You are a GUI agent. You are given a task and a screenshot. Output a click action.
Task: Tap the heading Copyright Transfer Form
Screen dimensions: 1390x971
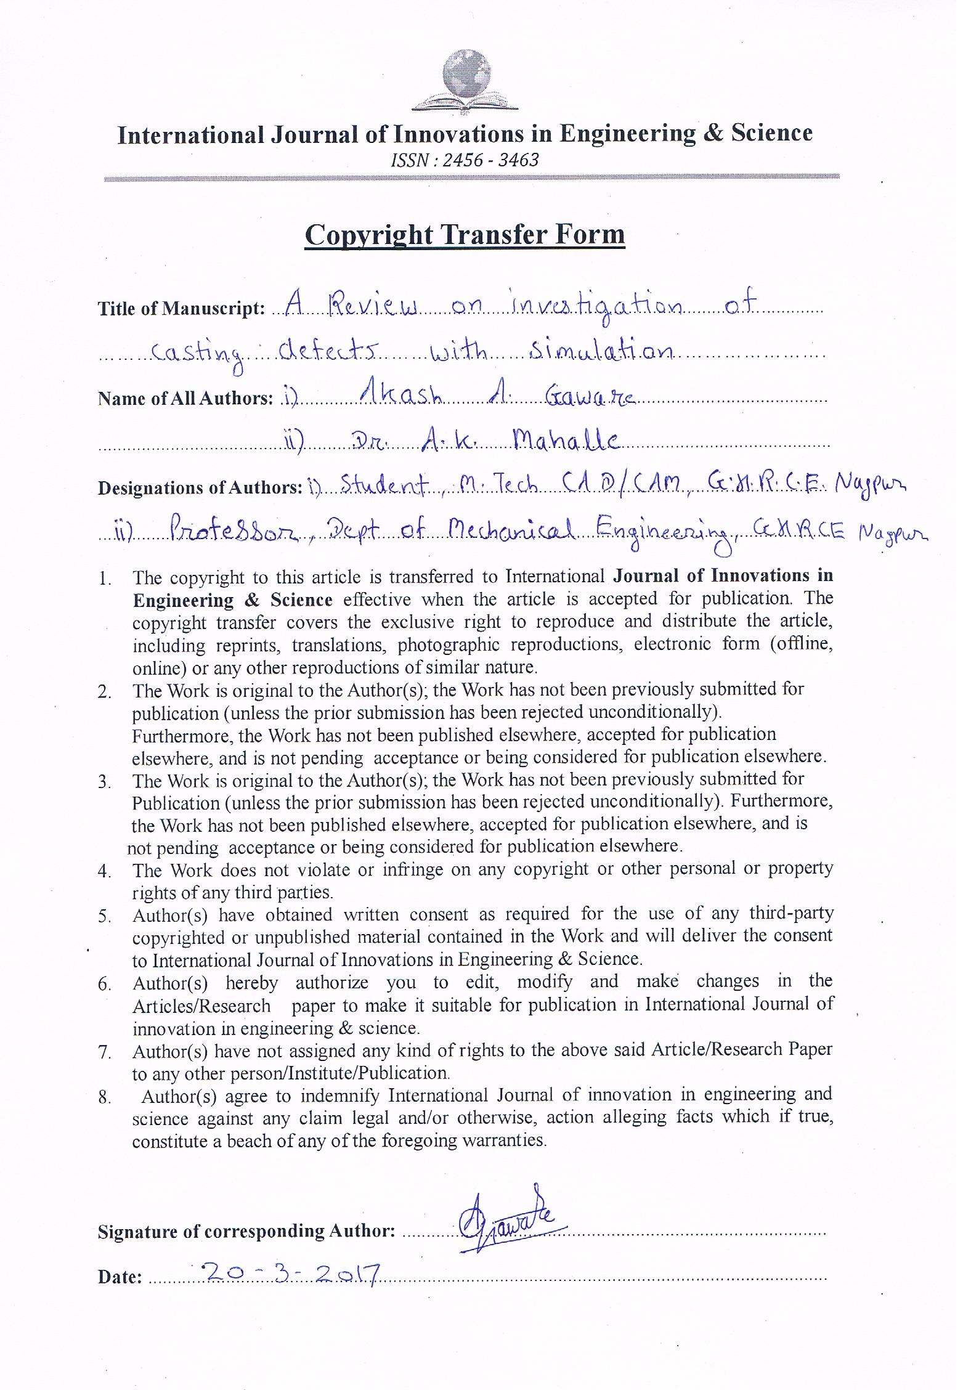coord(465,235)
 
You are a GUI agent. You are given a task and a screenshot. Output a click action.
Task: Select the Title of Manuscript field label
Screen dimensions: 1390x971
coord(181,309)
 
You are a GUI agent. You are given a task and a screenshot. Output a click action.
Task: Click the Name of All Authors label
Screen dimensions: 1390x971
coord(185,399)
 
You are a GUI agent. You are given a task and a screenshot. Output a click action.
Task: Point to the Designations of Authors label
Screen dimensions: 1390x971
coord(200,488)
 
